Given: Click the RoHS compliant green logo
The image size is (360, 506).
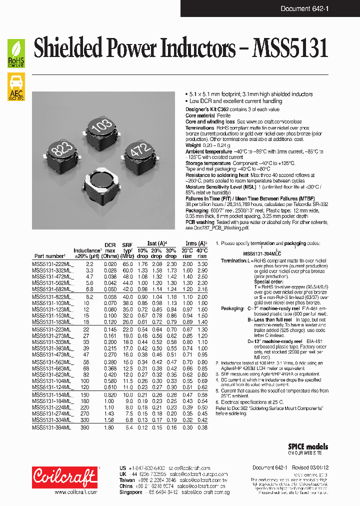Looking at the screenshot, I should click(16, 53).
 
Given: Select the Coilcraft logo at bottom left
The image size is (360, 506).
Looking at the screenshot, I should click(64, 478).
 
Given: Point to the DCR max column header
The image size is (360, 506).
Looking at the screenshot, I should click(110, 247).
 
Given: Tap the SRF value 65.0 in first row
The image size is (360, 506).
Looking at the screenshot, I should click(127, 264).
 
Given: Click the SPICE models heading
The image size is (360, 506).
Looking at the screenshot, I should click(308, 446).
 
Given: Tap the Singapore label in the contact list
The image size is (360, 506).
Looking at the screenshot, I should click(131, 492).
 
